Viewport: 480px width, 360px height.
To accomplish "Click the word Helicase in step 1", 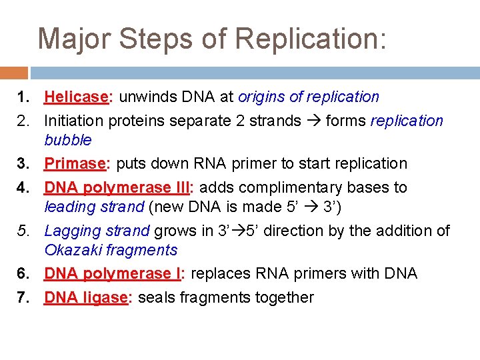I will (x=76, y=97).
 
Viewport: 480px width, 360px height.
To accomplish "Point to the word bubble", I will (x=68, y=140).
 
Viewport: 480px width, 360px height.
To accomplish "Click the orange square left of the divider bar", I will (x=14, y=72).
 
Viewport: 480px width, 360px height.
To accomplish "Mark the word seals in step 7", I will (x=154, y=297).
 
